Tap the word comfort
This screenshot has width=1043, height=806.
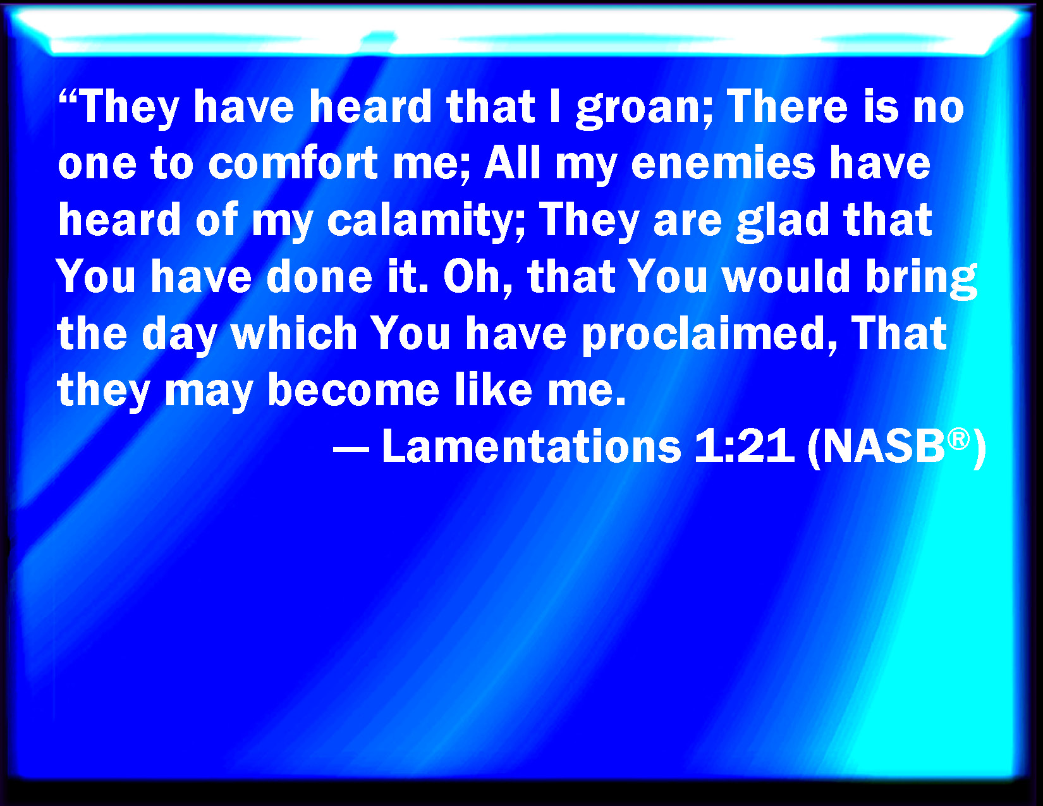tap(293, 162)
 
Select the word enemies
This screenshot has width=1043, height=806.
tap(723, 163)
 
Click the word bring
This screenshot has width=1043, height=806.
tap(921, 279)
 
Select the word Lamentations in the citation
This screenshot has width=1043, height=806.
tap(532, 446)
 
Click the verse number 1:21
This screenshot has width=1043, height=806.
tap(744, 446)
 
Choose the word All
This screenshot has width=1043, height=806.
tap(513, 162)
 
